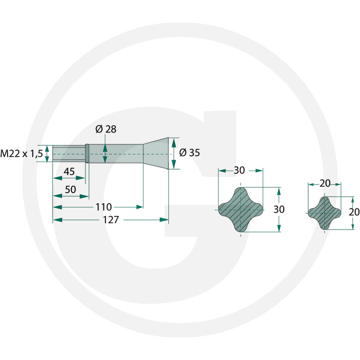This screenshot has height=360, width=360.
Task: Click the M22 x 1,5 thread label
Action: tap(22, 153)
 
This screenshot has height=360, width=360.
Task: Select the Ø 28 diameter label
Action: tap(106, 129)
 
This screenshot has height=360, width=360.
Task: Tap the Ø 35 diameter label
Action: tap(189, 153)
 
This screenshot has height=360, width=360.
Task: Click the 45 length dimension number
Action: tap(69, 171)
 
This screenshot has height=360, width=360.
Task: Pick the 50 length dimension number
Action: tap(71, 189)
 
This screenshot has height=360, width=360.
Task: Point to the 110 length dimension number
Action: tap(103, 207)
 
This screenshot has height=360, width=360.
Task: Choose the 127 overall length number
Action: tap(111, 220)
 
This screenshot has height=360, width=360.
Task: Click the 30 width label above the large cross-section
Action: tap(239, 171)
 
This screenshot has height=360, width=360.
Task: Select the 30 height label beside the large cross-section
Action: tap(279, 209)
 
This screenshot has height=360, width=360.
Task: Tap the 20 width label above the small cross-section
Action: tap(325, 184)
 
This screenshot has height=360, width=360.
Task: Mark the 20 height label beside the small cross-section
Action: tap(354, 212)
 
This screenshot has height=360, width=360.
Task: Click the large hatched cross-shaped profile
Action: tap(241, 210)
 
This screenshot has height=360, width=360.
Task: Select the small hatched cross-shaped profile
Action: tap(324, 213)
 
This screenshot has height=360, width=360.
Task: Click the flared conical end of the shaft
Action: tap(156, 153)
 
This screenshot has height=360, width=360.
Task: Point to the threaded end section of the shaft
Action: tap(69, 153)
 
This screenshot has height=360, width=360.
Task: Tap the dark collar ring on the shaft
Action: tap(87, 153)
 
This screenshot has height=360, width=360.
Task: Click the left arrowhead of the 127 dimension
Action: tap(58, 220)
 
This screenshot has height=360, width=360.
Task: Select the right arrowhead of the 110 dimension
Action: tap(139, 207)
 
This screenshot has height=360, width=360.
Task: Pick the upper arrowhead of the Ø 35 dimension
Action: tap(174, 143)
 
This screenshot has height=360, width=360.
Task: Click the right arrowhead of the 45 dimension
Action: tap(81, 178)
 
